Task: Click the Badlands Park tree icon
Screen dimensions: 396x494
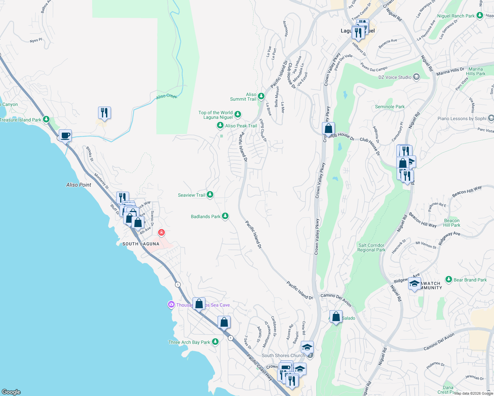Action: click(x=225, y=216)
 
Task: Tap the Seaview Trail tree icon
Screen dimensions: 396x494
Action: click(x=210, y=195)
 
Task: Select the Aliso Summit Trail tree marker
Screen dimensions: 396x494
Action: click(x=261, y=96)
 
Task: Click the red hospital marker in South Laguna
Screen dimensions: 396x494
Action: click(x=161, y=233)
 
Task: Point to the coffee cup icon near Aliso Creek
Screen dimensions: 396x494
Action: click(x=65, y=135)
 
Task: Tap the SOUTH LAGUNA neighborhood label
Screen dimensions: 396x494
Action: click(x=141, y=244)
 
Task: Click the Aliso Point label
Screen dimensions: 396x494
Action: click(x=79, y=185)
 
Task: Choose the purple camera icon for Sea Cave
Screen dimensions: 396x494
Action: click(x=171, y=305)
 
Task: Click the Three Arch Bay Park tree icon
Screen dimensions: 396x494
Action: click(x=215, y=342)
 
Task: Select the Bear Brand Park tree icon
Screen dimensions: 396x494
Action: click(x=448, y=280)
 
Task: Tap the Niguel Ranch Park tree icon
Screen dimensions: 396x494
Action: click(x=480, y=16)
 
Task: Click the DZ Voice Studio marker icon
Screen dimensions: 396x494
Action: click(x=416, y=77)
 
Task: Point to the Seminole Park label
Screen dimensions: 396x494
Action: click(x=390, y=107)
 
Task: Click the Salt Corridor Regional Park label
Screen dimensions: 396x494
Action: click(x=371, y=247)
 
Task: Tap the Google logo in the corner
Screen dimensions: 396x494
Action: click(x=11, y=392)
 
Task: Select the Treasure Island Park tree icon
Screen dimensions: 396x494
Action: click(x=46, y=119)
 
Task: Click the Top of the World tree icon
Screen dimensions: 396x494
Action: click(x=237, y=115)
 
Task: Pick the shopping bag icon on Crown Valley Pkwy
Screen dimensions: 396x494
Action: click(x=329, y=129)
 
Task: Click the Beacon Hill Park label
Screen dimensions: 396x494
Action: click(x=452, y=223)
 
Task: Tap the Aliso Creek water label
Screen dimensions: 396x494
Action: click(x=167, y=96)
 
